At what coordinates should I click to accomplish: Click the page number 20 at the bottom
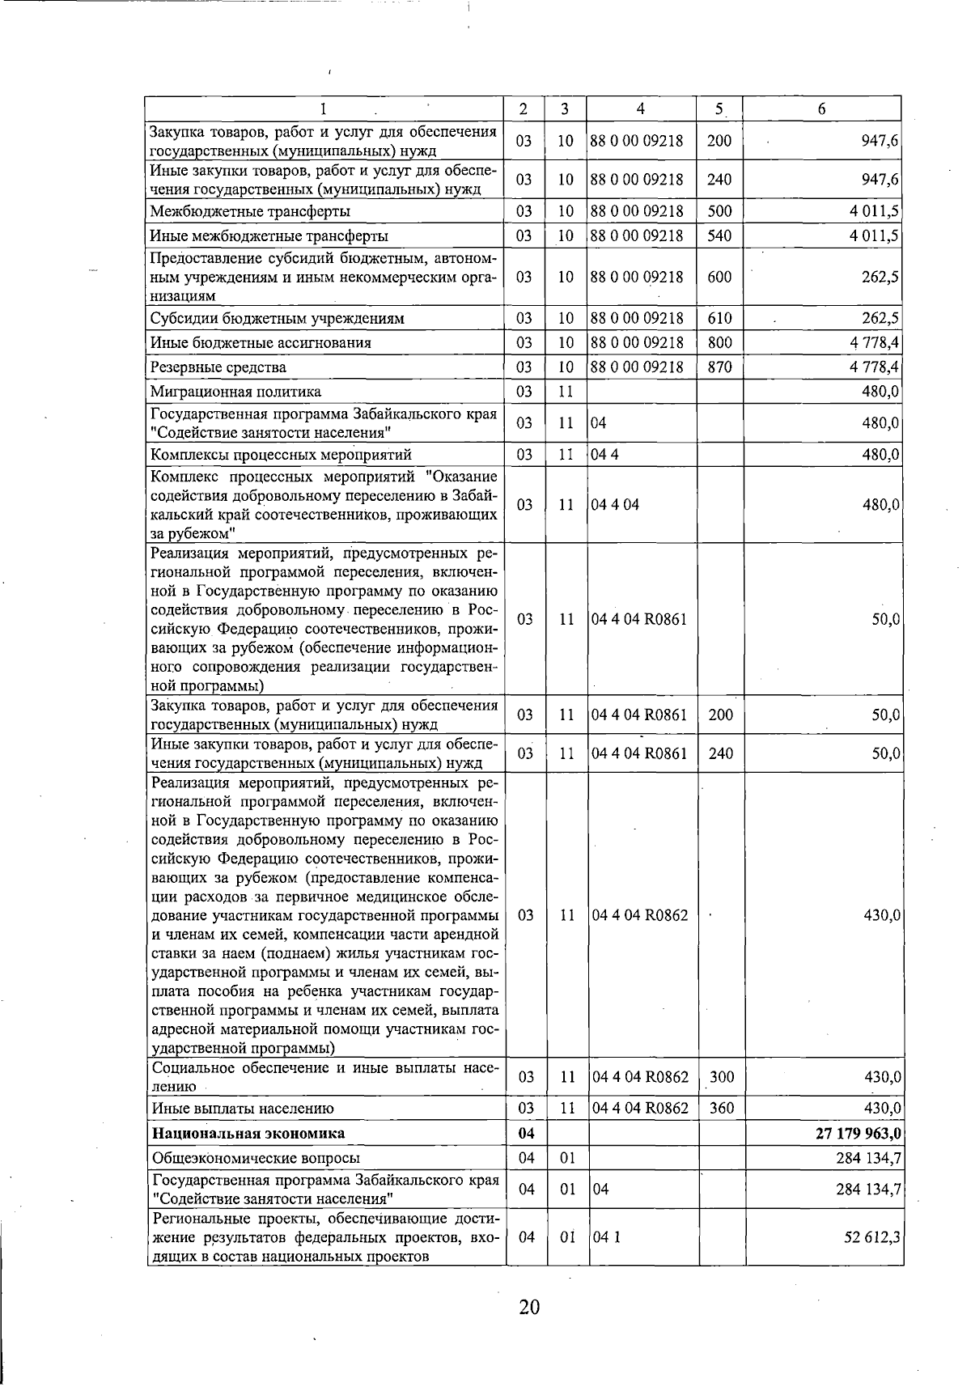pyautogui.click(x=529, y=1307)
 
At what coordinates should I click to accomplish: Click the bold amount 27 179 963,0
pyautogui.click(x=859, y=1134)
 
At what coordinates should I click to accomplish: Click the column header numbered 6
pyautogui.click(x=821, y=109)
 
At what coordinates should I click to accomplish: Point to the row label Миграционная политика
pyautogui.click(x=235, y=392)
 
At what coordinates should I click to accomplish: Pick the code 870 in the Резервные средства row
pyautogui.click(x=719, y=367)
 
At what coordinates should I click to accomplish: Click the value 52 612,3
pyautogui.click(x=875, y=1237)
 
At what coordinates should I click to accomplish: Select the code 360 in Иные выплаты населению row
pyautogui.click(x=721, y=1108)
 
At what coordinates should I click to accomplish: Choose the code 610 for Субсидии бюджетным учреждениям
pyautogui.click(x=719, y=318)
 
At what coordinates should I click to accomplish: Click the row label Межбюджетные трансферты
pyautogui.click(x=250, y=212)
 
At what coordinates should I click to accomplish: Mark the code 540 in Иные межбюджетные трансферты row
pyautogui.click(x=719, y=236)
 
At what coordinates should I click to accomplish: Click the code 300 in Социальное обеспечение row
pyautogui.click(x=721, y=1077)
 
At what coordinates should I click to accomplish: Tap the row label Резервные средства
pyautogui.click(x=218, y=367)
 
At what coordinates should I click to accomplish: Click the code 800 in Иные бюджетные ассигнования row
pyautogui.click(x=719, y=342)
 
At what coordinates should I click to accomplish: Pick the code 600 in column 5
pyautogui.click(x=719, y=277)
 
